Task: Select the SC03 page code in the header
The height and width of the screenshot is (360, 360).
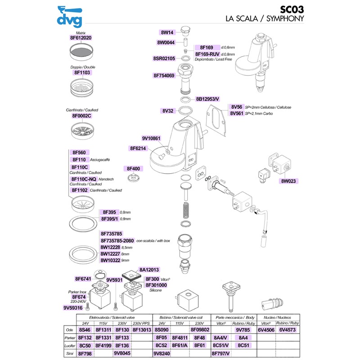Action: [x=292, y=9]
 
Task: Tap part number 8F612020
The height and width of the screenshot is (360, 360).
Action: [x=81, y=38]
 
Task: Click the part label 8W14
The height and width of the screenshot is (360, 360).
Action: [x=167, y=32]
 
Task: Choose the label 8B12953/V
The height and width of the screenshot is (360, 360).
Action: [x=207, y=99]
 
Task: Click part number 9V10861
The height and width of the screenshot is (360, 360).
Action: [x=151, y=138]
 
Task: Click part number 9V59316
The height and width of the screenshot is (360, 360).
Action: [x=73, y=308]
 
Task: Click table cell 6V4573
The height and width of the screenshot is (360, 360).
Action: [x=288, y=330]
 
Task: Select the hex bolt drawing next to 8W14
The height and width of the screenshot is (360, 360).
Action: [x=184, y=31]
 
